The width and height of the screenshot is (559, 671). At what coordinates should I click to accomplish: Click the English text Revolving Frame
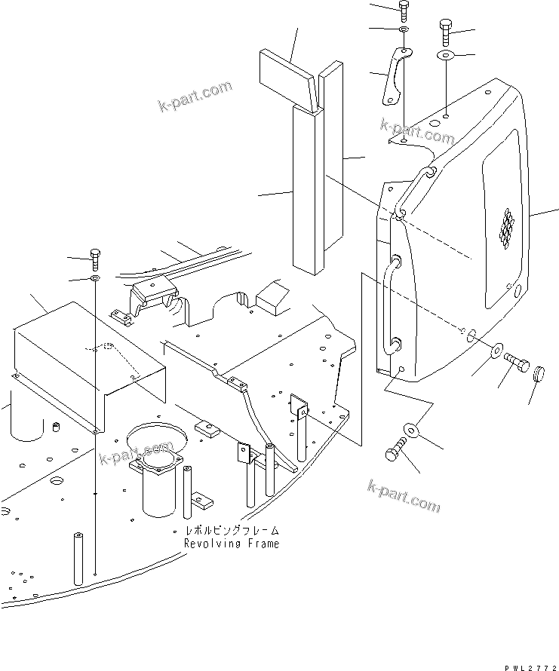pyautogui.click(x=231, y=544)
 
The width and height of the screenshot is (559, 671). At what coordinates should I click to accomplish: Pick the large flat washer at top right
pyautogui.click(x=445, y=56)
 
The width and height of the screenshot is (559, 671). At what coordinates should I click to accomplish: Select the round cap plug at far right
pyautogui.click(x=539, y=375)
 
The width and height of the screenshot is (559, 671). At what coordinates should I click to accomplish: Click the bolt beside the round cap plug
pyautogui.click(x=515, y=363)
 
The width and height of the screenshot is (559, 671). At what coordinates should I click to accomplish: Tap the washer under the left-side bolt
pyautogui.click(x=95, y=279)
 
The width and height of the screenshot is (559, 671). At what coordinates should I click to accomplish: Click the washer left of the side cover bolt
pyautogui.click(x=497, y=350)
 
